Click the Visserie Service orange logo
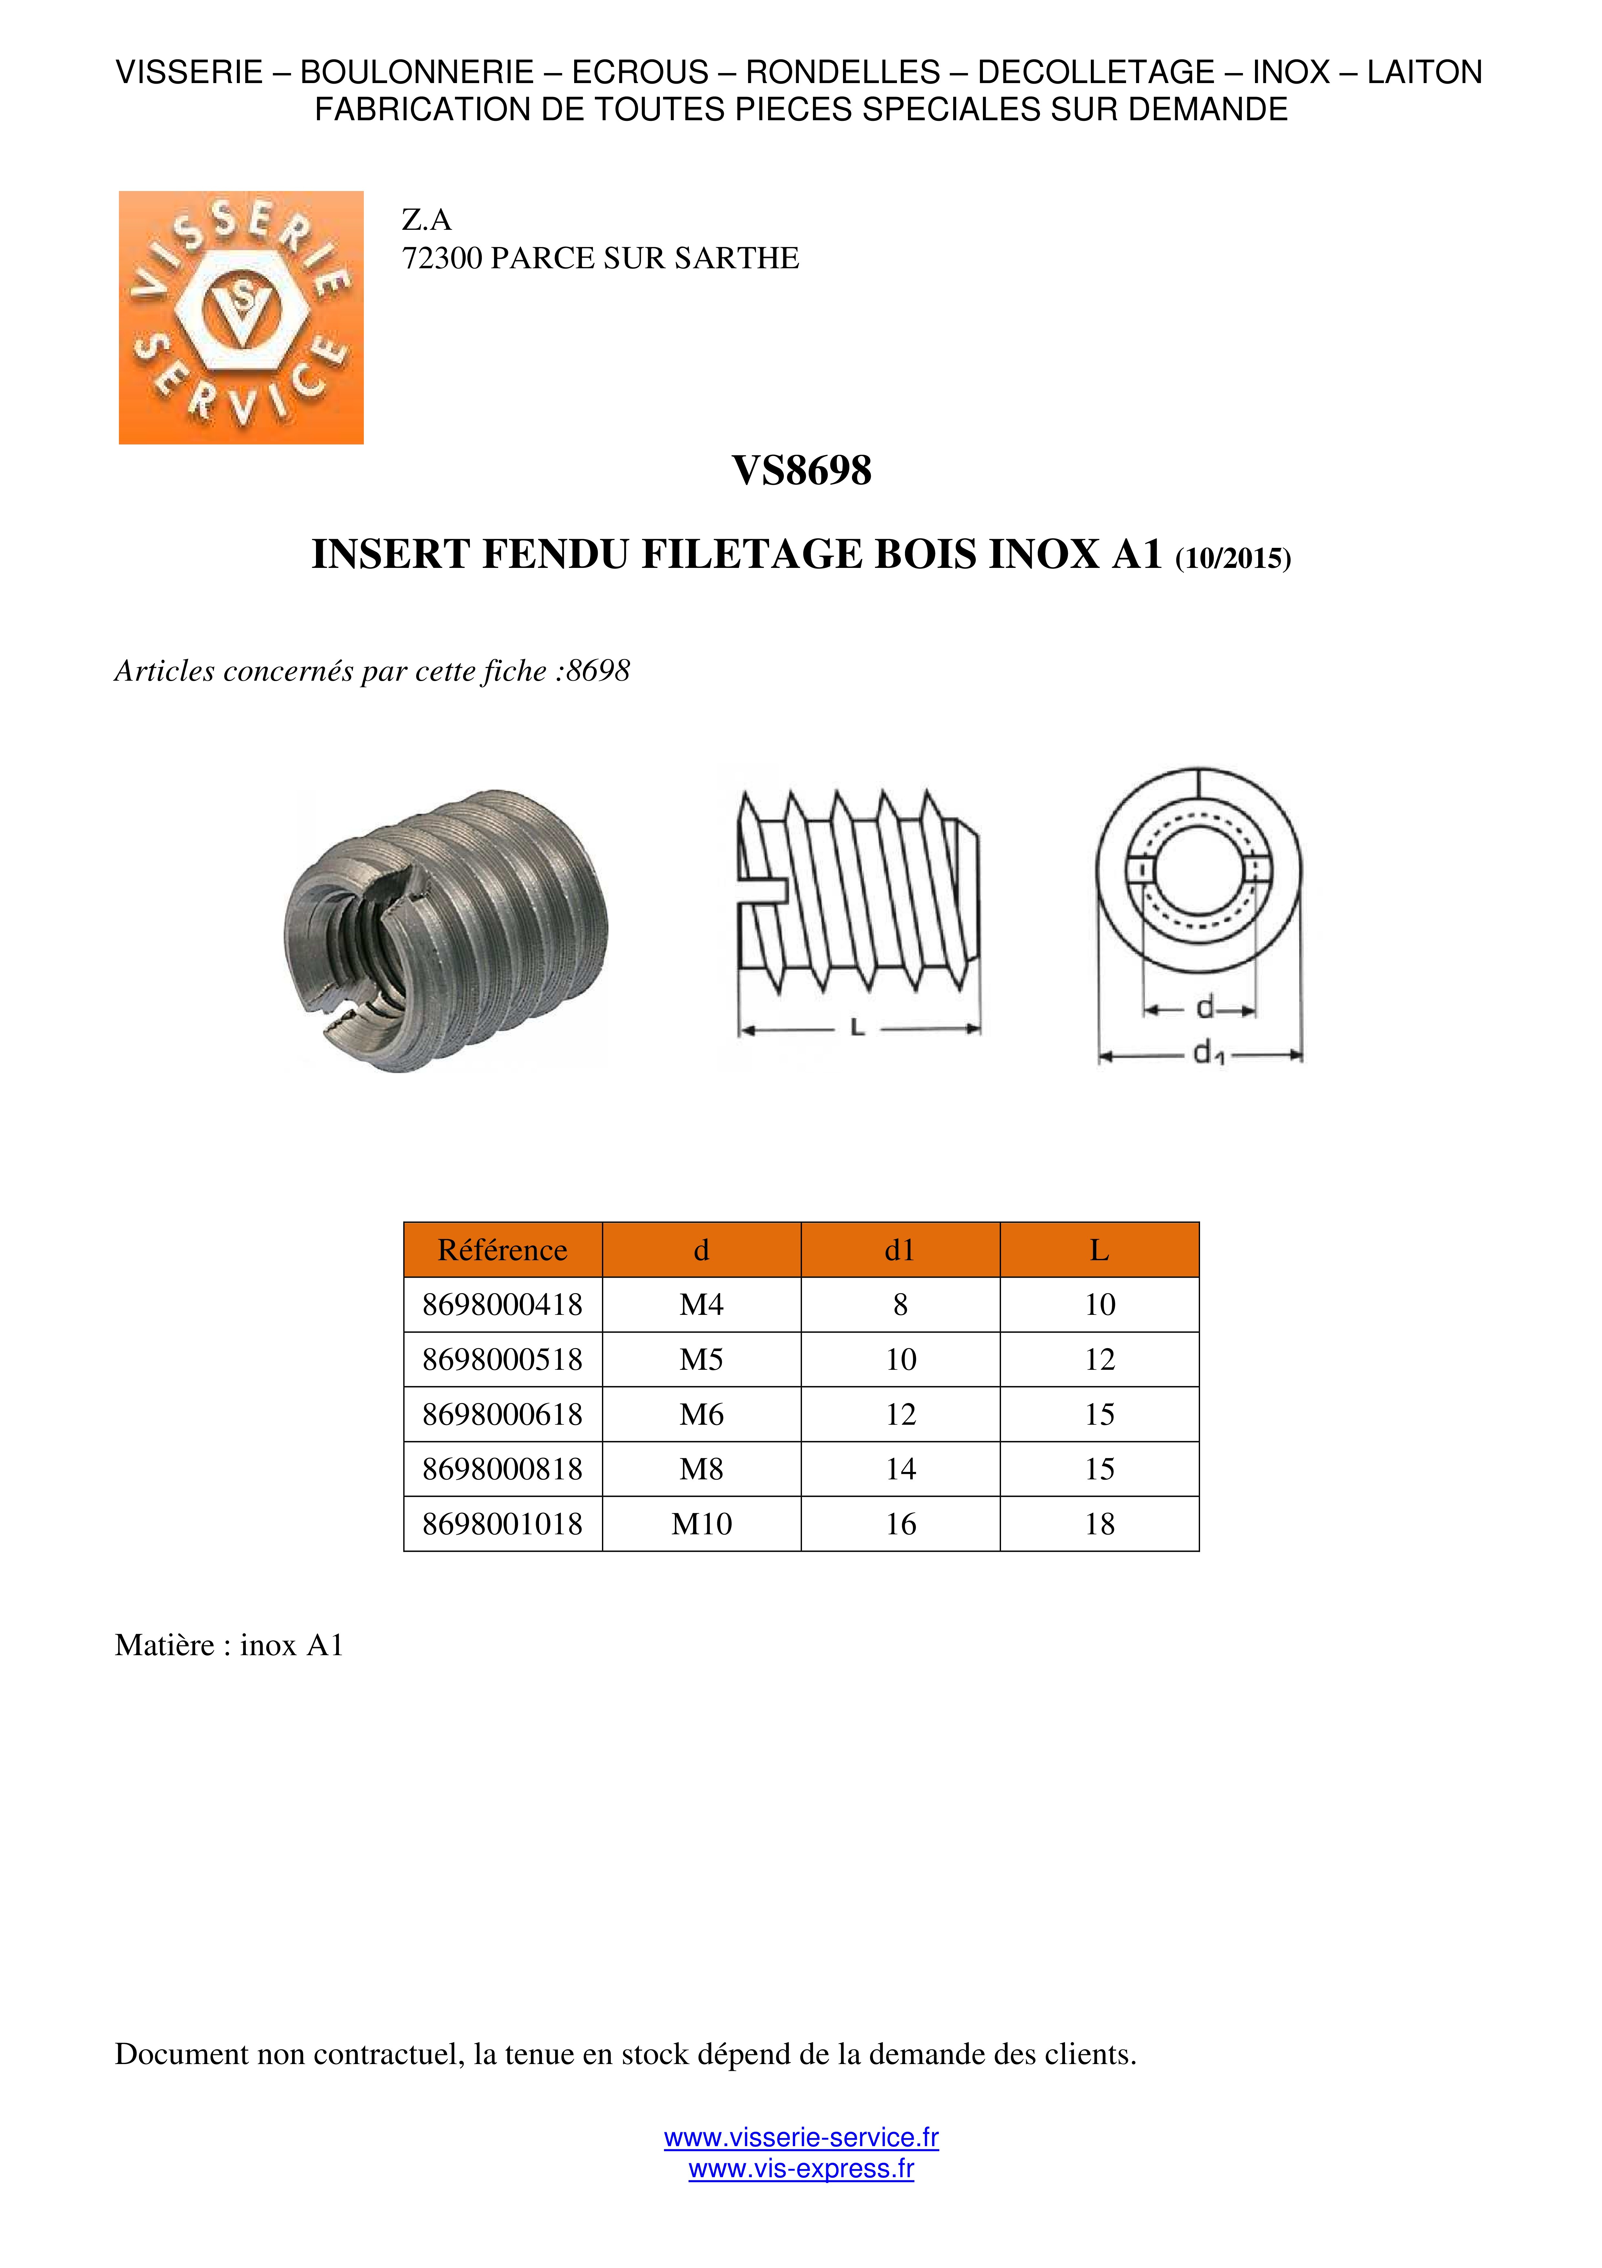241,317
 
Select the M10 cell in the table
701,1524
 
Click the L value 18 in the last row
1099,1524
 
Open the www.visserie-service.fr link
801,2138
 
